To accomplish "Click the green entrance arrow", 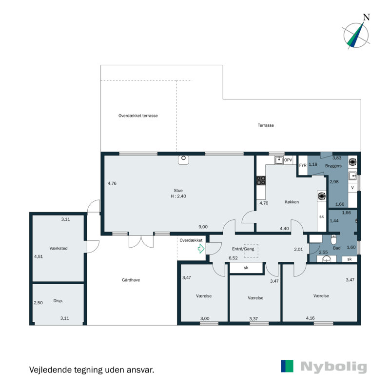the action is click(x=201, y=249).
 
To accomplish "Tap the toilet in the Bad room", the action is click(x=333, y=239).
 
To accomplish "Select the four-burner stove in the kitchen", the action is click(x=261, y=180).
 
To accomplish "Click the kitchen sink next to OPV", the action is click(x=279, y=160).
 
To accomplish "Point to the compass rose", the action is click(x=356, y=35).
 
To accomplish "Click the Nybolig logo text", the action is click(x=333, y=367).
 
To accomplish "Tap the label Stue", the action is click(x=178, y=191).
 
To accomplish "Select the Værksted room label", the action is click(x=58, y=248).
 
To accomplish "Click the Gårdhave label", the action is click(x=131, y=280).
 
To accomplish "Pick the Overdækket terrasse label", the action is click(x=138, y=116).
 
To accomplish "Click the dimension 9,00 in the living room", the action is click(x=203, y=227).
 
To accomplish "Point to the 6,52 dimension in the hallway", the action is click(x=233, y=258).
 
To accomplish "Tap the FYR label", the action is click(x=303, y=165).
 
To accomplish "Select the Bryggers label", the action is click(x=333, y=166).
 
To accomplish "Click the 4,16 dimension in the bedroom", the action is click(x=310, y=318).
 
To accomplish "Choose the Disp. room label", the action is click(x=58, y=301).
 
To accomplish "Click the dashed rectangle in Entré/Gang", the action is click(x=251, y=251).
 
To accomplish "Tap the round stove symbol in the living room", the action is click(x=184, y=160).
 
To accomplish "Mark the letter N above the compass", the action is click(x=367, y=17).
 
